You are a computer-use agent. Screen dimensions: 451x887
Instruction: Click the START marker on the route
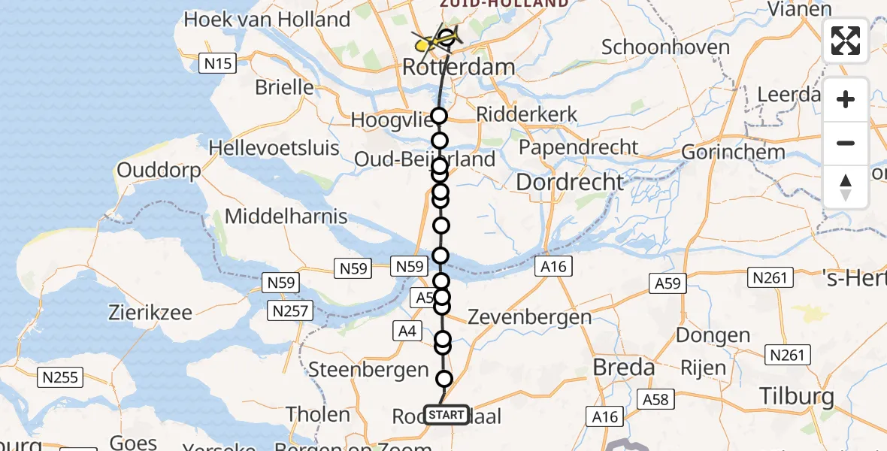pos(447,415)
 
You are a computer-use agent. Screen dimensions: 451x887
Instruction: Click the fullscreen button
pos(846,41)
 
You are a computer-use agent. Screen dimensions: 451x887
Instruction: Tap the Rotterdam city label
pos(459,67)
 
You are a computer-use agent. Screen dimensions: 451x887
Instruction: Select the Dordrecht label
pos(570,182)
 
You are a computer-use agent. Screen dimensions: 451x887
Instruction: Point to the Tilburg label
pos(797,396)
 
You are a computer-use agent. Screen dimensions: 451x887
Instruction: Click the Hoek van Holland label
pos(267,20)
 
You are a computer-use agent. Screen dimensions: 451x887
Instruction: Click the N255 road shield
pos(61,377)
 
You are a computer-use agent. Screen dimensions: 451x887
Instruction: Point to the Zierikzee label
pos(150,312)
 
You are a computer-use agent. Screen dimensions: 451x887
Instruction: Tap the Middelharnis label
pos(286,217)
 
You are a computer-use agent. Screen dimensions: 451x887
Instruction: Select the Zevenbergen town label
pos(529,317)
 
